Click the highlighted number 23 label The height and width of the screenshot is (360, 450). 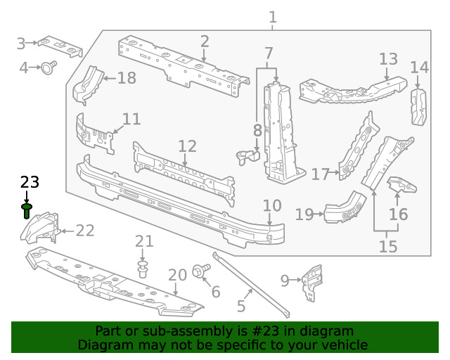(30, 183)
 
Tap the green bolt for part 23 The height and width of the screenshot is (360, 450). (27, 210)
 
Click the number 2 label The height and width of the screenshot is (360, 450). (204, 41)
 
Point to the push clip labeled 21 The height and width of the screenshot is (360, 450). (144, 268)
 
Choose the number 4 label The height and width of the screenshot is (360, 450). (23, 68)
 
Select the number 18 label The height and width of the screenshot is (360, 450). (127, 77)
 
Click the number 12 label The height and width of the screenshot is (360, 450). (187, 146)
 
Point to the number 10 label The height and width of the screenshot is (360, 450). (271, 206)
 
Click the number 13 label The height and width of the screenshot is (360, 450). (388, 59)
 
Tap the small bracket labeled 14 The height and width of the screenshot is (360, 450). (418, 107)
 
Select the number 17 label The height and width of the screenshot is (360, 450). (320, 173)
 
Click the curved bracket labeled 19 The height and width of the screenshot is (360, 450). (345, 209)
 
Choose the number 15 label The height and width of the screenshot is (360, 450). (387, 246)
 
